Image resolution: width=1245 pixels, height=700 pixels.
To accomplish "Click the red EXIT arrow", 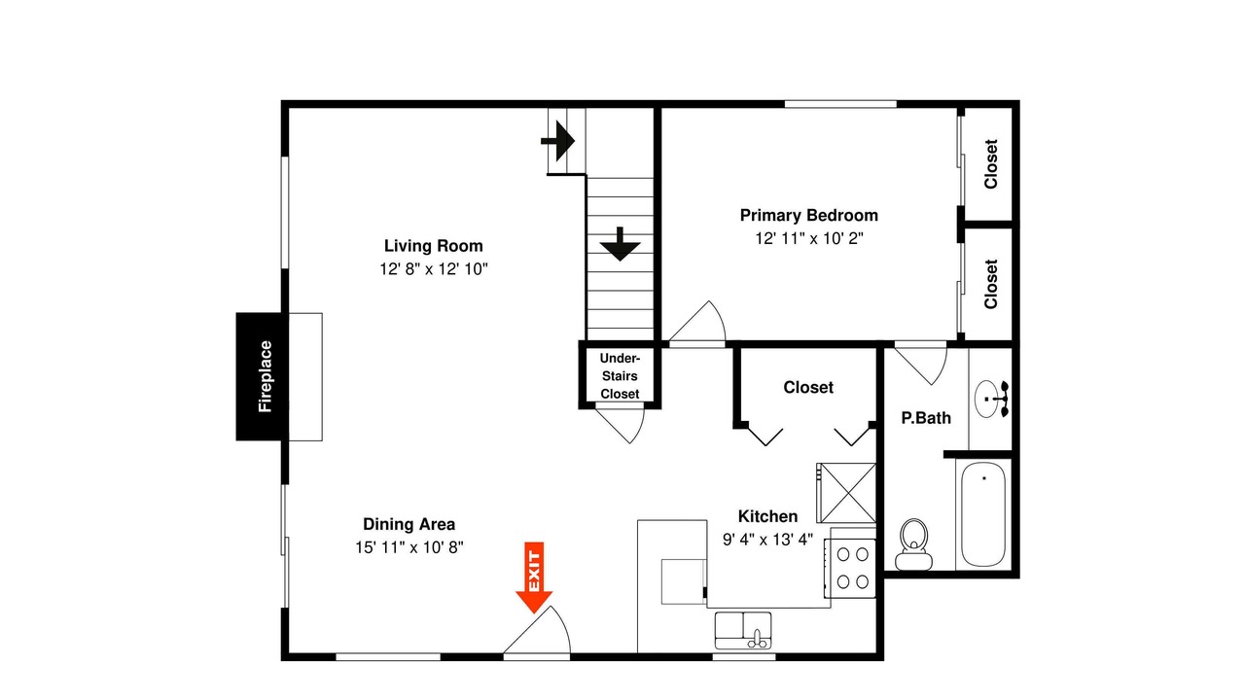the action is pyautogui.click(x=534, y=577).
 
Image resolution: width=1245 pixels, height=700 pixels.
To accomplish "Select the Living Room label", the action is pyautogui.click(x=434, y=246).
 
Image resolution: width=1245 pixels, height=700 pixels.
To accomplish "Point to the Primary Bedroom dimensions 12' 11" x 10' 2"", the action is pyautogui.click(x=808, y=238).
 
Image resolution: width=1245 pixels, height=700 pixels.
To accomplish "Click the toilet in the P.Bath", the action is pyautogui.click(x=913, y=544).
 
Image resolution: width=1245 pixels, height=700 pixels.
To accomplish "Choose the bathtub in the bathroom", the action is pyautogui.click(x=983, y=514).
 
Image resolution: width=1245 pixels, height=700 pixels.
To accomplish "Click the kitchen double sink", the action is pyautogui.click(x=742, y=630).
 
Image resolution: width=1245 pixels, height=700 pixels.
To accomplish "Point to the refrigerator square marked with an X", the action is pyautogui.click(x=846, y=493).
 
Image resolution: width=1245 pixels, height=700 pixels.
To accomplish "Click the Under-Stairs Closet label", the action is pyautogui.click(x=620, y=376).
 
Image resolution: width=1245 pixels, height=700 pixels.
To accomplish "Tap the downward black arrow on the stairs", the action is pyautogui.click(x=620, y=244).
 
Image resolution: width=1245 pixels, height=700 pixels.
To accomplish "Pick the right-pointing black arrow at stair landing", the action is pyautogui.click(x=557, y=141).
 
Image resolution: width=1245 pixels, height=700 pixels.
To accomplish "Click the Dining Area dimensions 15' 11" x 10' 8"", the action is pyautogui.click(x=409, y=547).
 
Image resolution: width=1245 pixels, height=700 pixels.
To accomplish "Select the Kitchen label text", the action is pyautogui.click(x=767, y=516).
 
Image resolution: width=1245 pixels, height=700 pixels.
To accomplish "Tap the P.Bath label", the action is pyautogui.click(x=925, y=418).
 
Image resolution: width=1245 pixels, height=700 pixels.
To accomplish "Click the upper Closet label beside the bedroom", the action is pyautogui.click(x=991, y=164).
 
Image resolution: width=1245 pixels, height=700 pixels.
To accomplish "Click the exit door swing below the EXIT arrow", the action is pyautogui.click(x=537, y=630).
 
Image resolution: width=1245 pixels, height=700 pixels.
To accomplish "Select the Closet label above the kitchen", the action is pyautogui.click(x=808, y=387).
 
